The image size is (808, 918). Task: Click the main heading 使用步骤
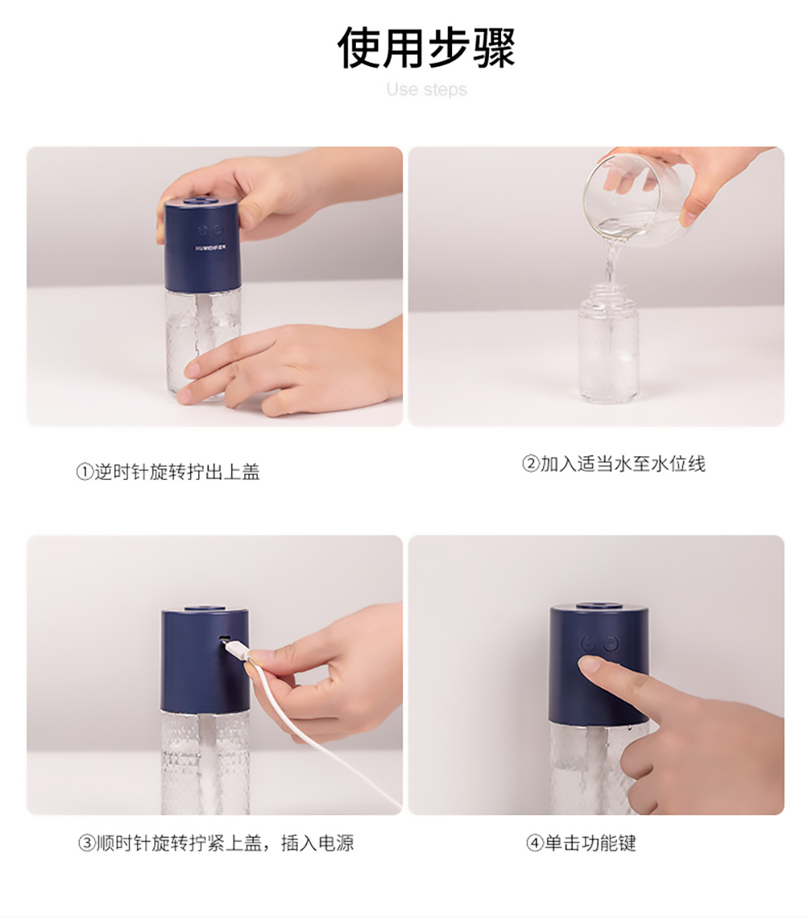click(426, 47)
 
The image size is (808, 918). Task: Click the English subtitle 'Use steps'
click(427, 90)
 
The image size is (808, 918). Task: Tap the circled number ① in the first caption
click(85, 472)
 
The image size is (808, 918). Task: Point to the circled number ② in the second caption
click(531, 464)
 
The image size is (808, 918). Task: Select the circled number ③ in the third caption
click(86, 843)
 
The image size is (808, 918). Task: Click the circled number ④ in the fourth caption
click(535, 844)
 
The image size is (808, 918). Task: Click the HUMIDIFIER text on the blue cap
click(211, 247)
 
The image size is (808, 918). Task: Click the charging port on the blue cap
click(222, 639)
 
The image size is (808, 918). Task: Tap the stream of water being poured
click(610, 266)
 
